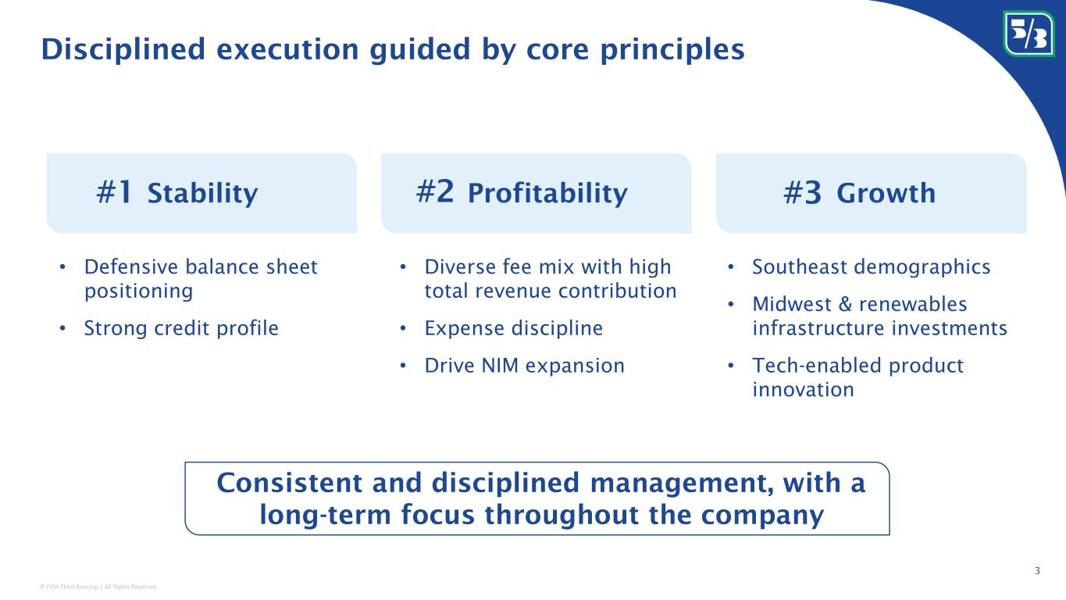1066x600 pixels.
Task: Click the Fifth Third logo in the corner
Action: tap(1029, 34)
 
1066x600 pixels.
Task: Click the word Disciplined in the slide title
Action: tap(123, 49)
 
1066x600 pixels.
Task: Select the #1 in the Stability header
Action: tap(114, 192)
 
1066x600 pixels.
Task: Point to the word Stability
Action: tap(203, 194)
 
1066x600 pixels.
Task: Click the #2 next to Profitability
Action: tap(434, 191)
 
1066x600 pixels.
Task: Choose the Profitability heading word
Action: tap(547, 194)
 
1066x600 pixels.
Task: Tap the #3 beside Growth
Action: tap(802, 192)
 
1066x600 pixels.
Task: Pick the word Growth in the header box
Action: tap(886, 193)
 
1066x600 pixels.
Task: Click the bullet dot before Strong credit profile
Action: tap(62, 328)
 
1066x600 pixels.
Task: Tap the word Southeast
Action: tap(799, 266)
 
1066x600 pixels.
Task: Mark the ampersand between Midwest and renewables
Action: tap(845, 304)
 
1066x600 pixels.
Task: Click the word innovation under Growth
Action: tap(803, 390)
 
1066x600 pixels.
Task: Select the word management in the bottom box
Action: tap(682, 484)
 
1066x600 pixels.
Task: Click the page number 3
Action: tap(1037, 570)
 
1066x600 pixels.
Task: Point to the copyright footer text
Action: tap(98, 587)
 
